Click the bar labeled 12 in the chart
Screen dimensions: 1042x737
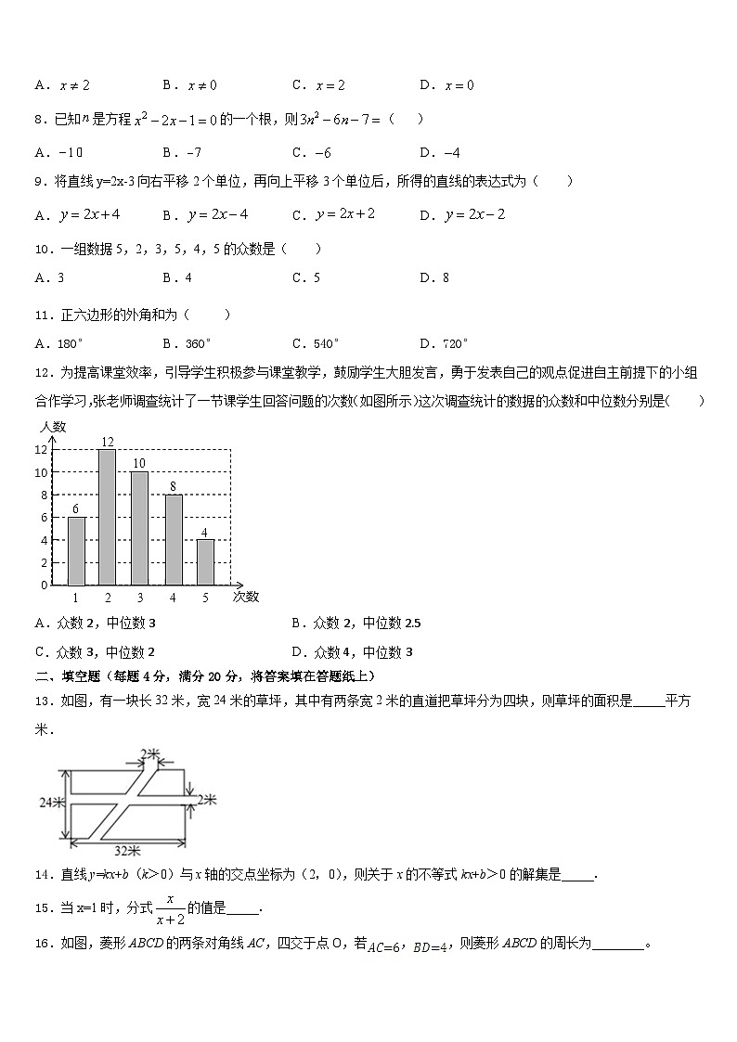tap(108, 517)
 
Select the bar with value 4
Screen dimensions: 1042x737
tap(205, 562)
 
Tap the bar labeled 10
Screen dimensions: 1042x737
tap(139, 528)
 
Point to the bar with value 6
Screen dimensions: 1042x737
tap(76, 551)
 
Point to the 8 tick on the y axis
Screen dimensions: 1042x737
tap(42, 495)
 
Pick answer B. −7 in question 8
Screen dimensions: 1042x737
tap(182, 152)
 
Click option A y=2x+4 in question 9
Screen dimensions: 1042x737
tap(78, 215)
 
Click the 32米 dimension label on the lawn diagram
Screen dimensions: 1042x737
tap(127, 849)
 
